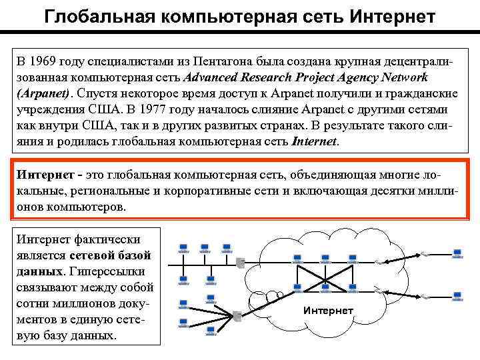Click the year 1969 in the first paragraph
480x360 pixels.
(x=45, y=61)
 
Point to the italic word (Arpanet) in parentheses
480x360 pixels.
(x=45, y=93)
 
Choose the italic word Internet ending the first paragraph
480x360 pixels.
(x=315, y=141)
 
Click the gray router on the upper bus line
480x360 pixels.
(x=240, y=263)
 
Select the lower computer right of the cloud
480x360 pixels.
(x=457, y=295)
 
